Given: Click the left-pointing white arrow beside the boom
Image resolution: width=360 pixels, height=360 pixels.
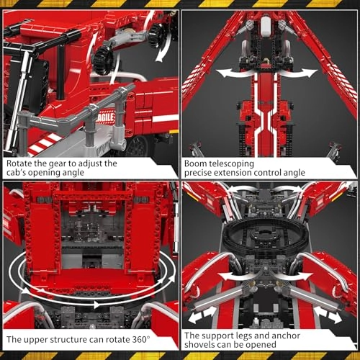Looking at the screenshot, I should tap(229, 72).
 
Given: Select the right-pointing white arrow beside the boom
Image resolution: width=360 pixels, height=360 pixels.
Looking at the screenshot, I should tap(304, 72).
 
